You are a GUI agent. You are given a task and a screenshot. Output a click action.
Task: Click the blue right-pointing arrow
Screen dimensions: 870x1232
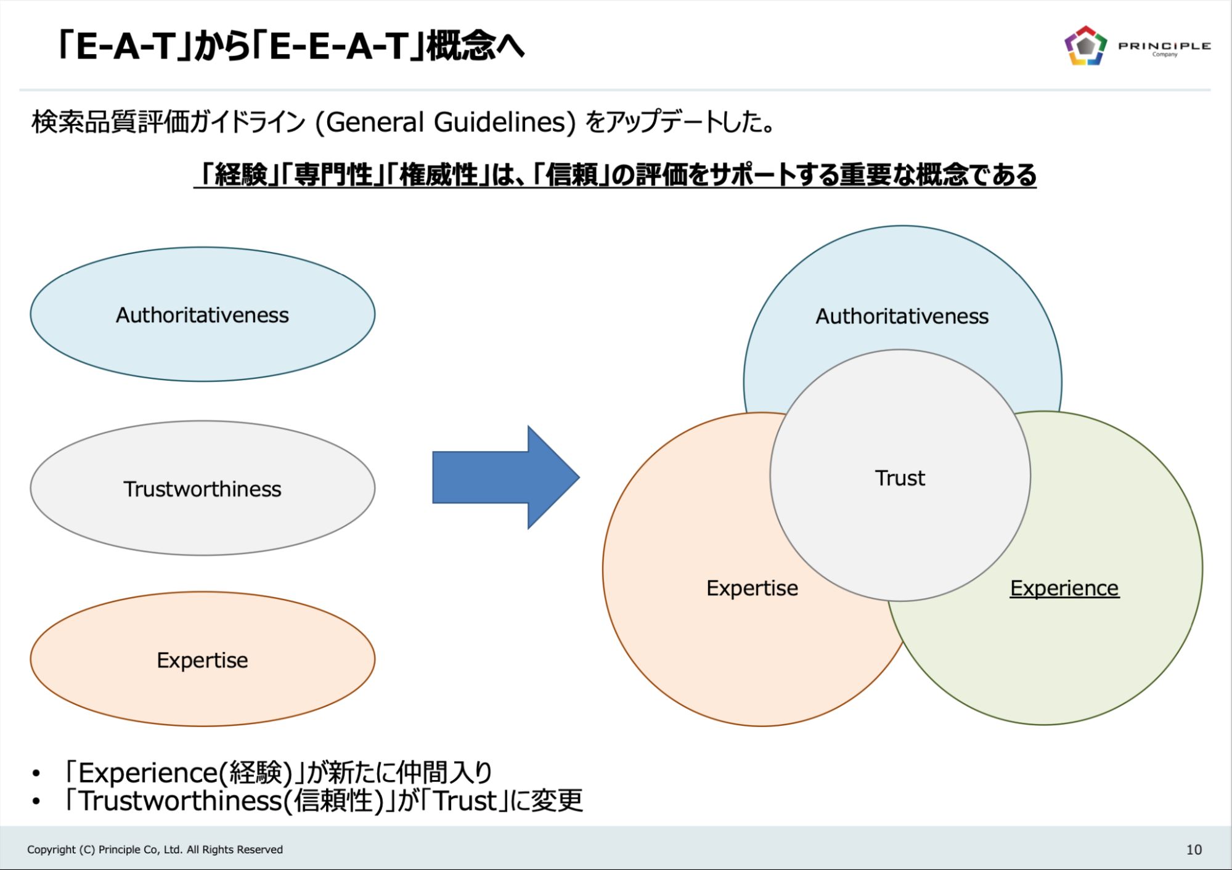505,478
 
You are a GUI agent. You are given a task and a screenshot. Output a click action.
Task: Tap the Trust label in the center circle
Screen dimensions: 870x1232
900,478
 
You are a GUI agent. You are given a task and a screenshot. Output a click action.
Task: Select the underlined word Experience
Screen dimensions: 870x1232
1064,588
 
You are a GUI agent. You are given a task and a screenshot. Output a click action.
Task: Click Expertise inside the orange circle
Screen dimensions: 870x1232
752,588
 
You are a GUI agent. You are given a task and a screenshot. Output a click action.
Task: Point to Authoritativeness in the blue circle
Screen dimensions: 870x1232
902,317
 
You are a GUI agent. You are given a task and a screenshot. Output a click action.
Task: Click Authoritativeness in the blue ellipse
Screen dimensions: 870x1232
202,315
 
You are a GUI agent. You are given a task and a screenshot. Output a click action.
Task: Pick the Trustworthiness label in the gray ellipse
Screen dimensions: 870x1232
202,489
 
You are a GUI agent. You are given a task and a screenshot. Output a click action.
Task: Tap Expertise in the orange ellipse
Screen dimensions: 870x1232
202,661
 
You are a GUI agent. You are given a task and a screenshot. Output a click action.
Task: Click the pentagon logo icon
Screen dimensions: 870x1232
1085,46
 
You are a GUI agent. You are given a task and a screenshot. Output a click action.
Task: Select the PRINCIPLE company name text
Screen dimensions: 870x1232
1164,46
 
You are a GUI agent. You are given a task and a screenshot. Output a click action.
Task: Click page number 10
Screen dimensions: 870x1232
1194,850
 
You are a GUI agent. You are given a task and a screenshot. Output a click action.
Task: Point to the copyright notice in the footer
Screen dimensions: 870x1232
155,850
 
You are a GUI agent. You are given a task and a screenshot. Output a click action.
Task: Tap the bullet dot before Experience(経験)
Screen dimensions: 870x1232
36,773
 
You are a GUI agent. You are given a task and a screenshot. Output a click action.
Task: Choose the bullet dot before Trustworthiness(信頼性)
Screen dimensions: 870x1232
36,802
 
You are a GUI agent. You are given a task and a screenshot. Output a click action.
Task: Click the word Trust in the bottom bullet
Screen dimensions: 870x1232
465,801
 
